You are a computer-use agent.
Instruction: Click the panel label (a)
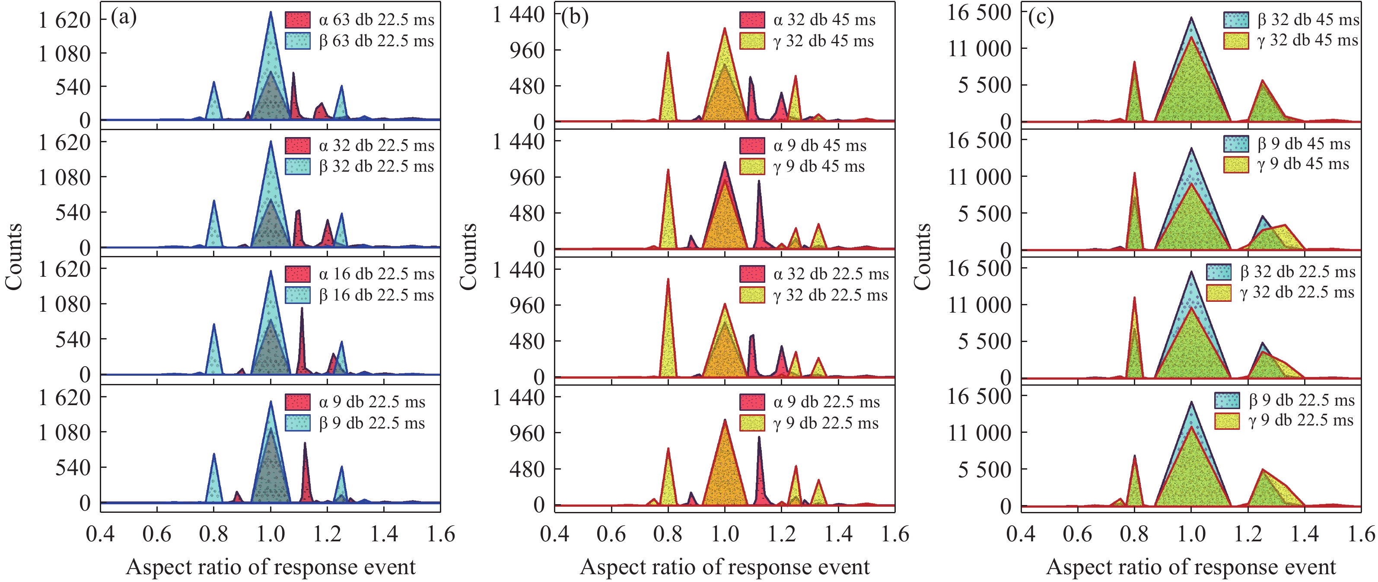124,17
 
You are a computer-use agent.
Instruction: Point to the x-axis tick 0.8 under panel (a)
213,534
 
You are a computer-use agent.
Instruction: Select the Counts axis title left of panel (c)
923,257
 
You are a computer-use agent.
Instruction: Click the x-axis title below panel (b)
725,567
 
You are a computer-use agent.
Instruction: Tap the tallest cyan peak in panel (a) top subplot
271,13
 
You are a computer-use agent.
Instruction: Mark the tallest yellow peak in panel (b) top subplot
725,29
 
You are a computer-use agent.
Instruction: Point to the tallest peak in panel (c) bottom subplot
1191,403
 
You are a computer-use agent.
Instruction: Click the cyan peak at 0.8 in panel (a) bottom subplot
214,455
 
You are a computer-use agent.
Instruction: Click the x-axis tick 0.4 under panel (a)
101,534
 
